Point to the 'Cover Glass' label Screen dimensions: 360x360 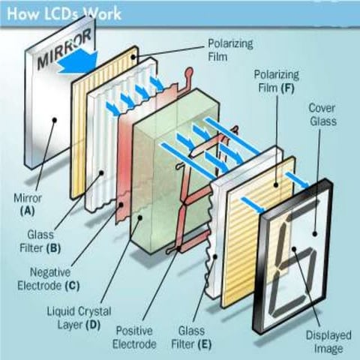[x=322, y=113]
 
